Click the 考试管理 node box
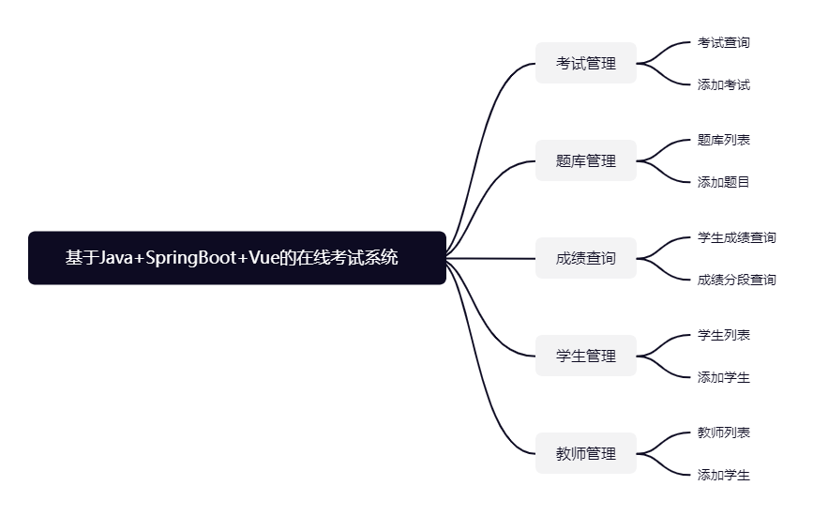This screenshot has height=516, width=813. coord(586,63)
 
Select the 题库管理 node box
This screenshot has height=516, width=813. coord(586,160)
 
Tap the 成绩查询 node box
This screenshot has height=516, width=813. coord(586,258)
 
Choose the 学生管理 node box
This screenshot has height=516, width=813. coord(586,356)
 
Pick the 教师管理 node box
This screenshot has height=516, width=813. coord(586,453)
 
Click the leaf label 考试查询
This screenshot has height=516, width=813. coord(723,42)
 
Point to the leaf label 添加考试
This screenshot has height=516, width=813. coord(723,84)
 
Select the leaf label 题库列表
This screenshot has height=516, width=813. coord(723,140)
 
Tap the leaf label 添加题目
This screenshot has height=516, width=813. coord(723,182)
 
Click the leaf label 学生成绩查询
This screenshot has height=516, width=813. coord(736,237)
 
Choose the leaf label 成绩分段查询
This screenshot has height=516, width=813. coord(736,280)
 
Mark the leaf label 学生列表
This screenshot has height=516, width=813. coord(723,335)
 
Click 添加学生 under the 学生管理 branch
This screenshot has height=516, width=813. coord(723,377)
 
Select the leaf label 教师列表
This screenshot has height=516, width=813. coord(723,433)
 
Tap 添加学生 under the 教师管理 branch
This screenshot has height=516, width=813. coord(723,475)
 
